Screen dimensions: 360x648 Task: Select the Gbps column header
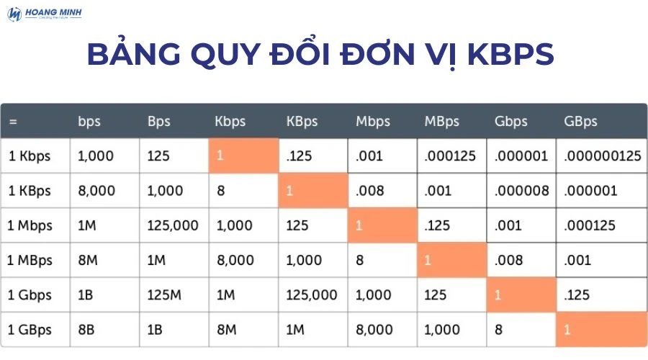[511, 121]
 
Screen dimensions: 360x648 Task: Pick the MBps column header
[443, 121]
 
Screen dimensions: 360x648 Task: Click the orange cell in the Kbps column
[243, 156]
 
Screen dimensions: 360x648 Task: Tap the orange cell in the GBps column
[601, 330]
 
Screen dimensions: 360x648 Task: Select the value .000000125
[602, 156]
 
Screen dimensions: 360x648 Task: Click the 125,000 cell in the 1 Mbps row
[173, 225]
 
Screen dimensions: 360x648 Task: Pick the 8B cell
[87, 330]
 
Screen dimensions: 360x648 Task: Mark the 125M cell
[164, 295]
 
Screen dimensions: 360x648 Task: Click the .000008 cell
[522, 191]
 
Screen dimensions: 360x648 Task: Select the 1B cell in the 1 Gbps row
[87, 295]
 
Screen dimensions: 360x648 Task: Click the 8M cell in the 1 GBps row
[227, 330]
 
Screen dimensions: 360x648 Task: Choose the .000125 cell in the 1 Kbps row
[450, 156]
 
